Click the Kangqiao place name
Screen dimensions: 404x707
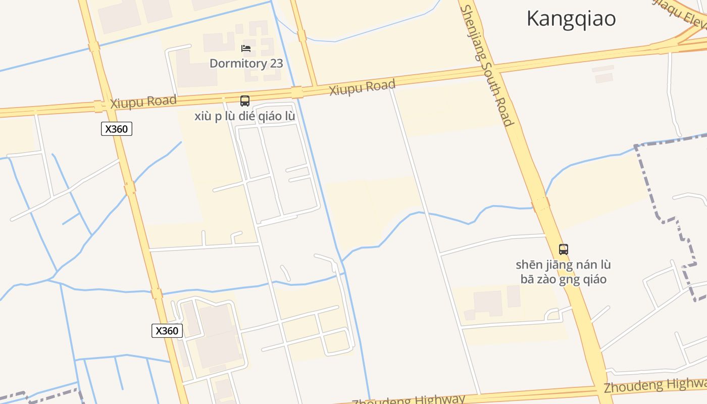(571, 19)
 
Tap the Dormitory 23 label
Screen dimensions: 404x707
(246, 64)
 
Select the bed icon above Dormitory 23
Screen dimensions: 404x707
(246, 48)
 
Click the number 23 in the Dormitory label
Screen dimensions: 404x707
(276, 64)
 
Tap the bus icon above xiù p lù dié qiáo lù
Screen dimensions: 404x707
(245, 101)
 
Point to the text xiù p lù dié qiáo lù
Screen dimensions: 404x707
(245, 116)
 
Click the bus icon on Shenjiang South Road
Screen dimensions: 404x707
(563, 249)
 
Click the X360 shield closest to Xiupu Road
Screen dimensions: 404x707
(117, 129)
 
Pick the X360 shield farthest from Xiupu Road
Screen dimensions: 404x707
(167, 331)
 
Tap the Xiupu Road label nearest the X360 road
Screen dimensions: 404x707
(143, 102)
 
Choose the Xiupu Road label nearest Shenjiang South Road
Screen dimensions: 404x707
(362, 87)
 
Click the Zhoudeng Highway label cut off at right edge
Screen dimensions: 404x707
(655, 386)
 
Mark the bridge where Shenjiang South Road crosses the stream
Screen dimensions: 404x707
(541, 205)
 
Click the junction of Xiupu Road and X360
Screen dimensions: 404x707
(98, 107)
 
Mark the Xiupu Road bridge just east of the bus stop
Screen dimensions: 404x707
(297, 92)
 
